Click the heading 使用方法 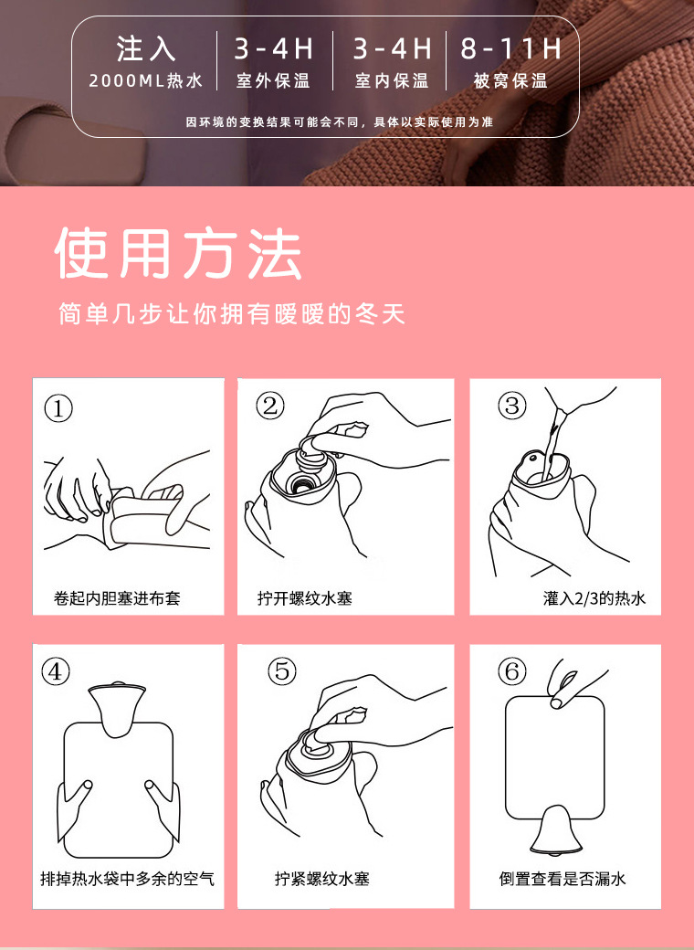pyautogui.click(x=178, y=254)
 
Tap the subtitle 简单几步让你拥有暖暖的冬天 pyautogui.click(x=231, y=314)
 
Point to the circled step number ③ pyautogui.click(x=511, y=405)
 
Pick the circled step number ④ pyautogui.click(x=57, y=671)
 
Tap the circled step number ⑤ pyautogui.click(x=281, y=670)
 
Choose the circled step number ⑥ pyautogui.click(x=511, y=671)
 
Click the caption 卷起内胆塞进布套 pyautogui.click(x=118, y=598)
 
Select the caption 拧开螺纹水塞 pyautogui.click(x=304, y=598)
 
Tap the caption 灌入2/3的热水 pyautogui.click(x=594, y=598)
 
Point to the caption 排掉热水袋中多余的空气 pyautogui.click(x=127, y=878)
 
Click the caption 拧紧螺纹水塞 pyautogui.click(x=321, y=878)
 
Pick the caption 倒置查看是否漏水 pyautogui.click(x=563, y=878)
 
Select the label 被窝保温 pyautogui.click(x=510, y=80)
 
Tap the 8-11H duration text pyautogui.click(x=511, y=48)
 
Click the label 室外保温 pyautogui.click(x=273, y=80)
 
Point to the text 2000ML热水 pyautogui.click(x=146, y=80)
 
